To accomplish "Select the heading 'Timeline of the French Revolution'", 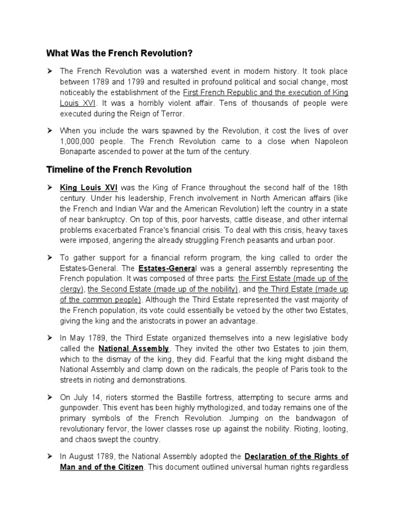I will click(x=119, y=169).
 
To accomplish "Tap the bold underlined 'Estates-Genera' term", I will click(x=158, y=268).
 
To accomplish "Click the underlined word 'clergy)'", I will click(x=72, y=289).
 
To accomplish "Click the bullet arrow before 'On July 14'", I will click(x=50, y=398).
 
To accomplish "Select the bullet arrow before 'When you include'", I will click(x=50, y=130).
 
